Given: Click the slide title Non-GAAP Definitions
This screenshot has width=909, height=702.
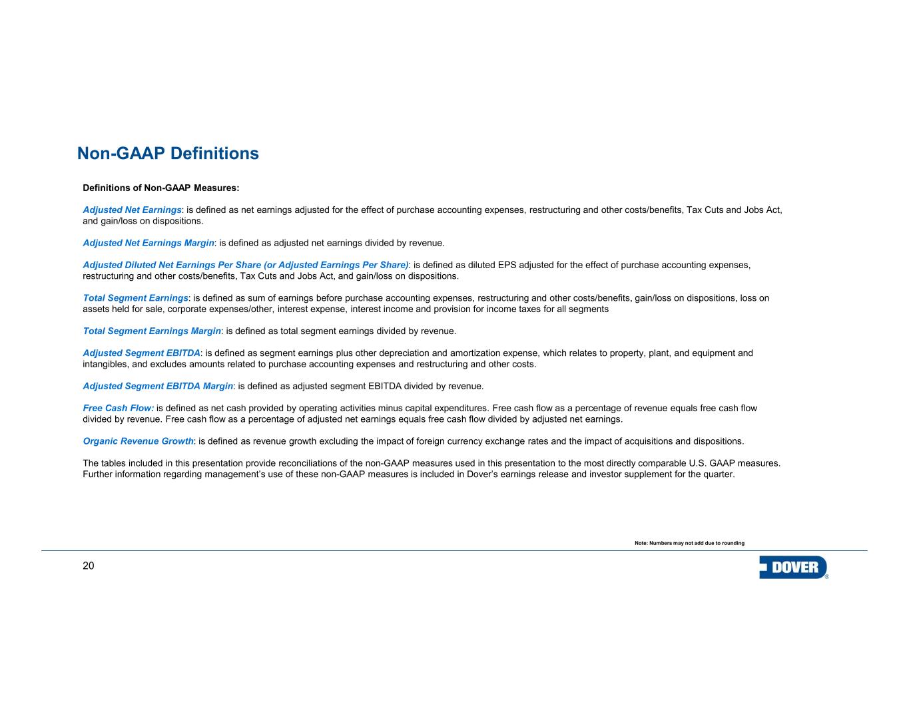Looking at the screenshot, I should [x=168, y=154].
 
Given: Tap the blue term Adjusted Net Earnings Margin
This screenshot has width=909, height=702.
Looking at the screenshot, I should [x=149, y=243].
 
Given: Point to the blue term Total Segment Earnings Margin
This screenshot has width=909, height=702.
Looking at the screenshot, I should [x=152, y=331].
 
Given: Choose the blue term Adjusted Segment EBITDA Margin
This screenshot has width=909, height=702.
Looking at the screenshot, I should [x=158, y=386].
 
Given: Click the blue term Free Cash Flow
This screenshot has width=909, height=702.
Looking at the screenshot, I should [x=118, y=408].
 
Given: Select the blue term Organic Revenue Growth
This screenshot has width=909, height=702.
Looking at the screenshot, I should [x=138, y=441].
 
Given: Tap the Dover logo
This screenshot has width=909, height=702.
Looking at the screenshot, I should [x=793, y=568].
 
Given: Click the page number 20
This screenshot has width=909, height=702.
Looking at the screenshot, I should [x=88, y=566].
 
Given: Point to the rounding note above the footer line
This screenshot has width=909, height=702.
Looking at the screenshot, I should [x=689, y=544].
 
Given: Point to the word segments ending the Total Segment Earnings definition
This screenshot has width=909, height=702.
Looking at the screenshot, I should [x=589, y=309].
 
